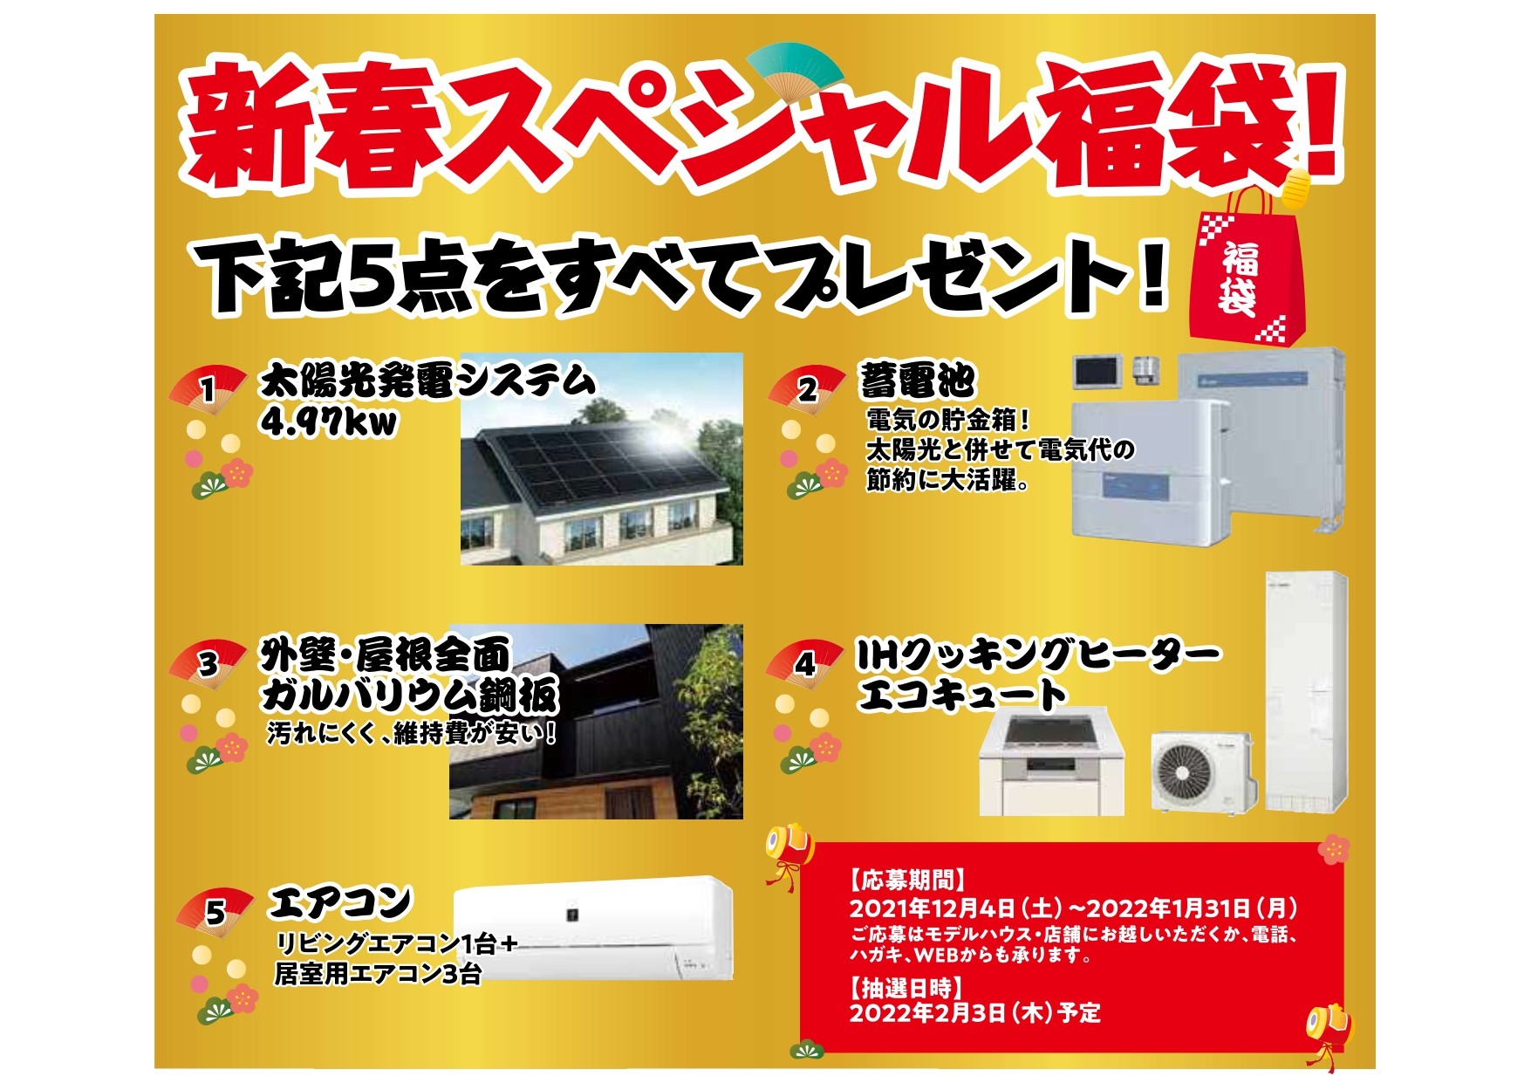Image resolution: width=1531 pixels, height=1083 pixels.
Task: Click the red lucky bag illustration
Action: pos(1247,262)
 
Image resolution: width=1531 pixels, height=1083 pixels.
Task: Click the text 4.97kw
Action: pos(329,423)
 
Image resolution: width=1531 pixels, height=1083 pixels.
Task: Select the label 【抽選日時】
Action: pos(907,988)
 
